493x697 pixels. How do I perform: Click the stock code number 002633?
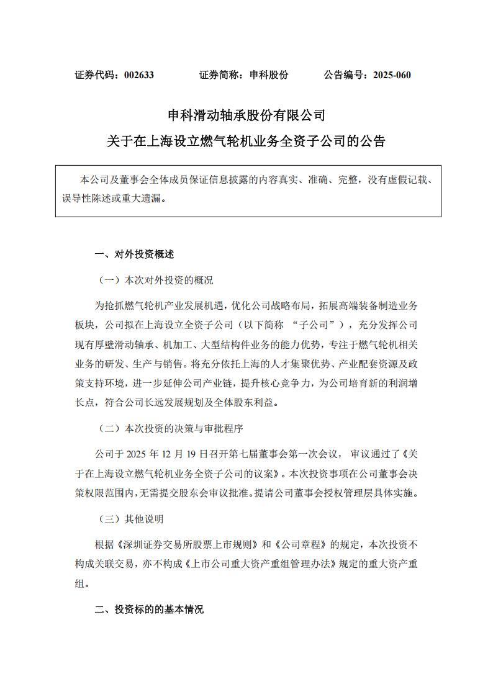(138, 75)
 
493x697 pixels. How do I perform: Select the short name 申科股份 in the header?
(268, 75)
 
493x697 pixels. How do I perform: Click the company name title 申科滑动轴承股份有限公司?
(246, 115)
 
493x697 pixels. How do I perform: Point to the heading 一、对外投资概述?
(134, 254)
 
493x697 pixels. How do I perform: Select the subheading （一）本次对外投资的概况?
(156, 280)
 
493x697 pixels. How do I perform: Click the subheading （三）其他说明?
(132, 519)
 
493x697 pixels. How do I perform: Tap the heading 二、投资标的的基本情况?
(149, 609)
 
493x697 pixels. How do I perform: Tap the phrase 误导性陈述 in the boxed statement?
(79, 199)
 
